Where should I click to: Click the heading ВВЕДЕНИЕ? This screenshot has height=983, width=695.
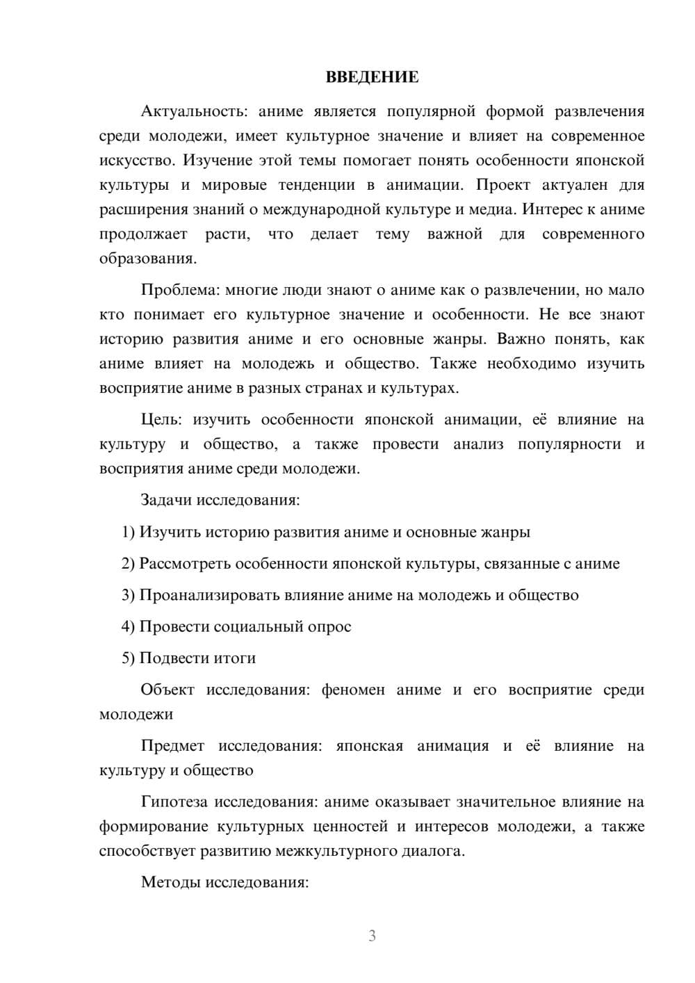(372, 77)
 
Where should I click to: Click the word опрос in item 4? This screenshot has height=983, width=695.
(328, 626)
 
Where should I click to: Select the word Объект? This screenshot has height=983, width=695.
(167, 690)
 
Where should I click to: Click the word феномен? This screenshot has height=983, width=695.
(352, 690)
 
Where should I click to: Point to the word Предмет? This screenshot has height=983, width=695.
(172, 746)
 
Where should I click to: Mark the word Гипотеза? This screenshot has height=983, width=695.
(174, 802)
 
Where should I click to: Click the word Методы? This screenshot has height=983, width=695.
(167, 882)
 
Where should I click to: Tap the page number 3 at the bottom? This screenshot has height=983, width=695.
(372, 936)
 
